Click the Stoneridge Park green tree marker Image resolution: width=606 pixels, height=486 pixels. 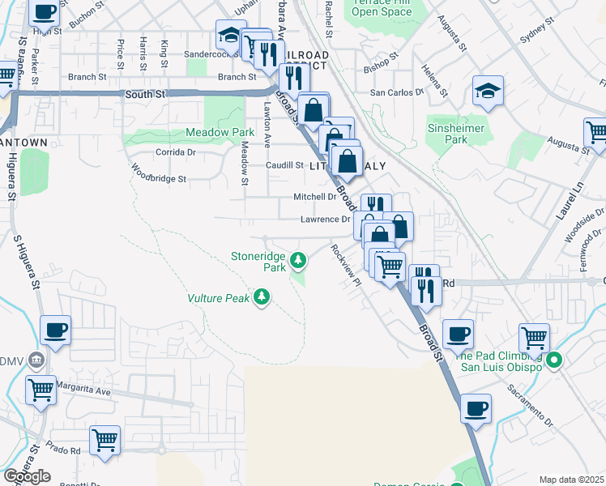299,260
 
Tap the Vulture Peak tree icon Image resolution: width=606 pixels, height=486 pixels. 261,298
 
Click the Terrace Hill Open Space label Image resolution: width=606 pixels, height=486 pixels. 382,6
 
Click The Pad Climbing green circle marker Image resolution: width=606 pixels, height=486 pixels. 554,360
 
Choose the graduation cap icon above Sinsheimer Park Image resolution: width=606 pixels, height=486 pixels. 488,91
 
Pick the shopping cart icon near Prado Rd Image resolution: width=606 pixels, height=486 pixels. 105,441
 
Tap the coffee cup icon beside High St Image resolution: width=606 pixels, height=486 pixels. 45,12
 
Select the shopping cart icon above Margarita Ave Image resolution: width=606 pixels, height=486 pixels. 40,390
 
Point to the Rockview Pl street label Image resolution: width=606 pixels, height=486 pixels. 344,264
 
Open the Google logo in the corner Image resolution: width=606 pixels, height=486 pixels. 27,476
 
